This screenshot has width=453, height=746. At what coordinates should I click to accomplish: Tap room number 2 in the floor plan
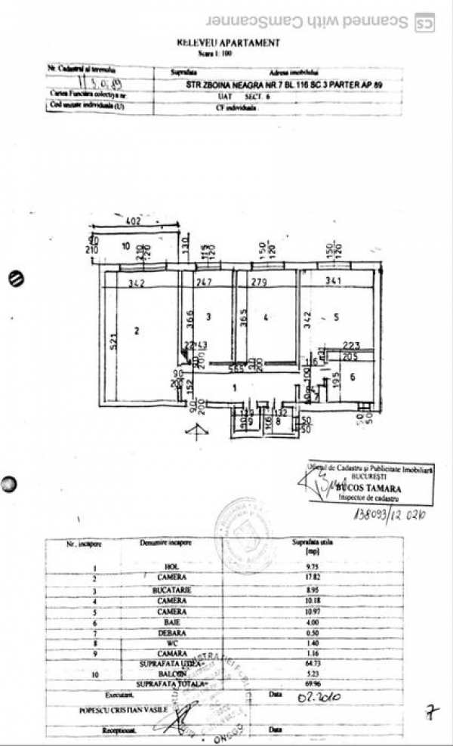click(137, 330)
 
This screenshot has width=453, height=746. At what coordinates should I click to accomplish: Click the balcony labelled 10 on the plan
click(126, 245)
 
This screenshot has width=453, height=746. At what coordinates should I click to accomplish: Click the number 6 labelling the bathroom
click(352, 376)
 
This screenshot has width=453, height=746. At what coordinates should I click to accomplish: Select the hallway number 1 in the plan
click(235, 387)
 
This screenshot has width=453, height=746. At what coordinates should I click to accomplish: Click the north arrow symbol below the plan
click(199, 431)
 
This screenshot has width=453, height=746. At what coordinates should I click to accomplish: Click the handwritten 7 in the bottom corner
click(431, 711)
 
